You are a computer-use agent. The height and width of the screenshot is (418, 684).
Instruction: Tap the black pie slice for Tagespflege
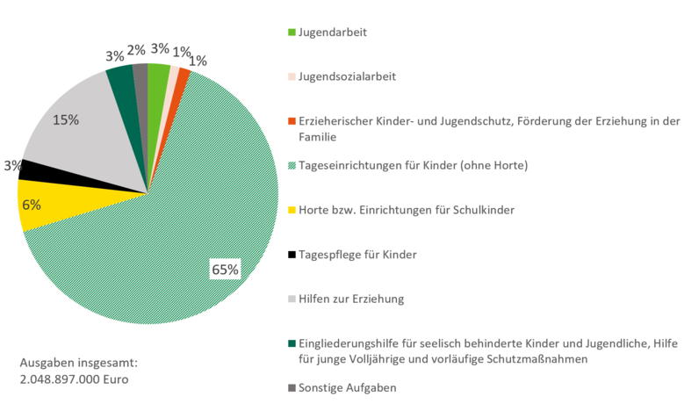pyautogui.click(x=35, y=169)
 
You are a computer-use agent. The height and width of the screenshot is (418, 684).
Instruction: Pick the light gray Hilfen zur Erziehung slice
pyautogui.click(x=83, y=141)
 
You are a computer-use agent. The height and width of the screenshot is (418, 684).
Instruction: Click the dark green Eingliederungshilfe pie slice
pyautogui.click(x=121, y=79)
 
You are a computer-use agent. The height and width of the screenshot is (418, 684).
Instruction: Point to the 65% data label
pyautogui.click(x=225, y=270)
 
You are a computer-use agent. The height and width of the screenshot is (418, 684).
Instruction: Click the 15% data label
pyautogui.click(x=64, y=119)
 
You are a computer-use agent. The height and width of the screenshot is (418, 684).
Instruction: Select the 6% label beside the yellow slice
pyautogui.click(x=32, y=205)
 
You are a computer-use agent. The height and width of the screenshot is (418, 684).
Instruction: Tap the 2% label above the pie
pyautogui.click(x=136, y=50)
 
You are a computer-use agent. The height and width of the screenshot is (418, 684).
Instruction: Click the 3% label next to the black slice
pyautogui.click(x=12, y=165)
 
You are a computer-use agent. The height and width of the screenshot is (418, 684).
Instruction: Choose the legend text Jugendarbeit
pyautogui.click(x=333, y=32)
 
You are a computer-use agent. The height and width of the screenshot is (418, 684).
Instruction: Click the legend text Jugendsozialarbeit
pyautogui.click(x=348, y=76)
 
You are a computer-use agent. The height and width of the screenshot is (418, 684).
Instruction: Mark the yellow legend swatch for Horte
pyautogui.click(x=292, y=211)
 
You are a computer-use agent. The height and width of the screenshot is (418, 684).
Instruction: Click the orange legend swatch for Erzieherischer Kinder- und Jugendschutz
pyautogui.click(x=292, y=121)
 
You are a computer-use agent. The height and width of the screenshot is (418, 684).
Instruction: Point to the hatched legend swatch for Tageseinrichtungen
pyautogui.click(x=292, y=166)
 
